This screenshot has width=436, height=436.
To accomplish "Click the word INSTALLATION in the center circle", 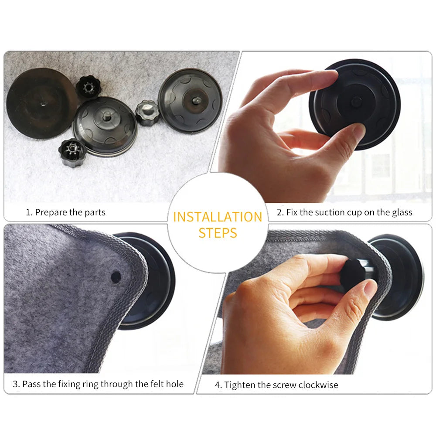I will tap(218, 217).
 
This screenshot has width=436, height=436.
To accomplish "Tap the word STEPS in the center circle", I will tap(218, 233).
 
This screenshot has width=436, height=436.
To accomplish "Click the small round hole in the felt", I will tap(116, 276).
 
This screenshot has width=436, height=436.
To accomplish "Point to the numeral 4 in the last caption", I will tap(217, 385).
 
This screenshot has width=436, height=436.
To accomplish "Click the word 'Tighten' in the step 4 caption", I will tap(239, 385).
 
